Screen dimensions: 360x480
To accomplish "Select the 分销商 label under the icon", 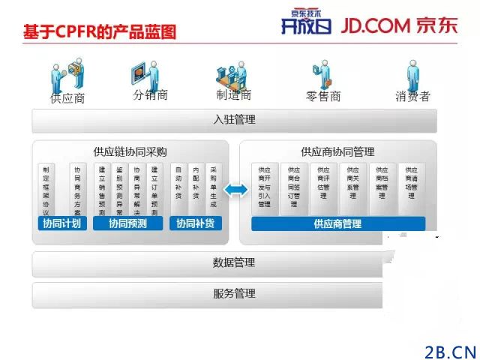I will pos(150,95).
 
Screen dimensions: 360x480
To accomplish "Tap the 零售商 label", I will pos(324,96).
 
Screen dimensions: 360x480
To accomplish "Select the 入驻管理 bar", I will pos(234,120).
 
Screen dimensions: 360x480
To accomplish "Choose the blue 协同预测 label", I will pos(128,223).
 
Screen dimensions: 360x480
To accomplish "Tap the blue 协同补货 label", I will pos(195,223).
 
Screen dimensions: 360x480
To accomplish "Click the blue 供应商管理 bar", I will pos(337,223).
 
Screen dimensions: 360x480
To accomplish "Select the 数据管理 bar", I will pos(234,263).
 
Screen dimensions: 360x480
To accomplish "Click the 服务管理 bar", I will pos(234,293).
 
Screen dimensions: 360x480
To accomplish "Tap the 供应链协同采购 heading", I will pos(130,151).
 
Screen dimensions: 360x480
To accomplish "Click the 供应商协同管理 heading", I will pos(337,151).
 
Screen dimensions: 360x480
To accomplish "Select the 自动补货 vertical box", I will pos(178,187).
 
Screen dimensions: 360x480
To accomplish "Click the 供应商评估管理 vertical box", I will pos(323,187).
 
